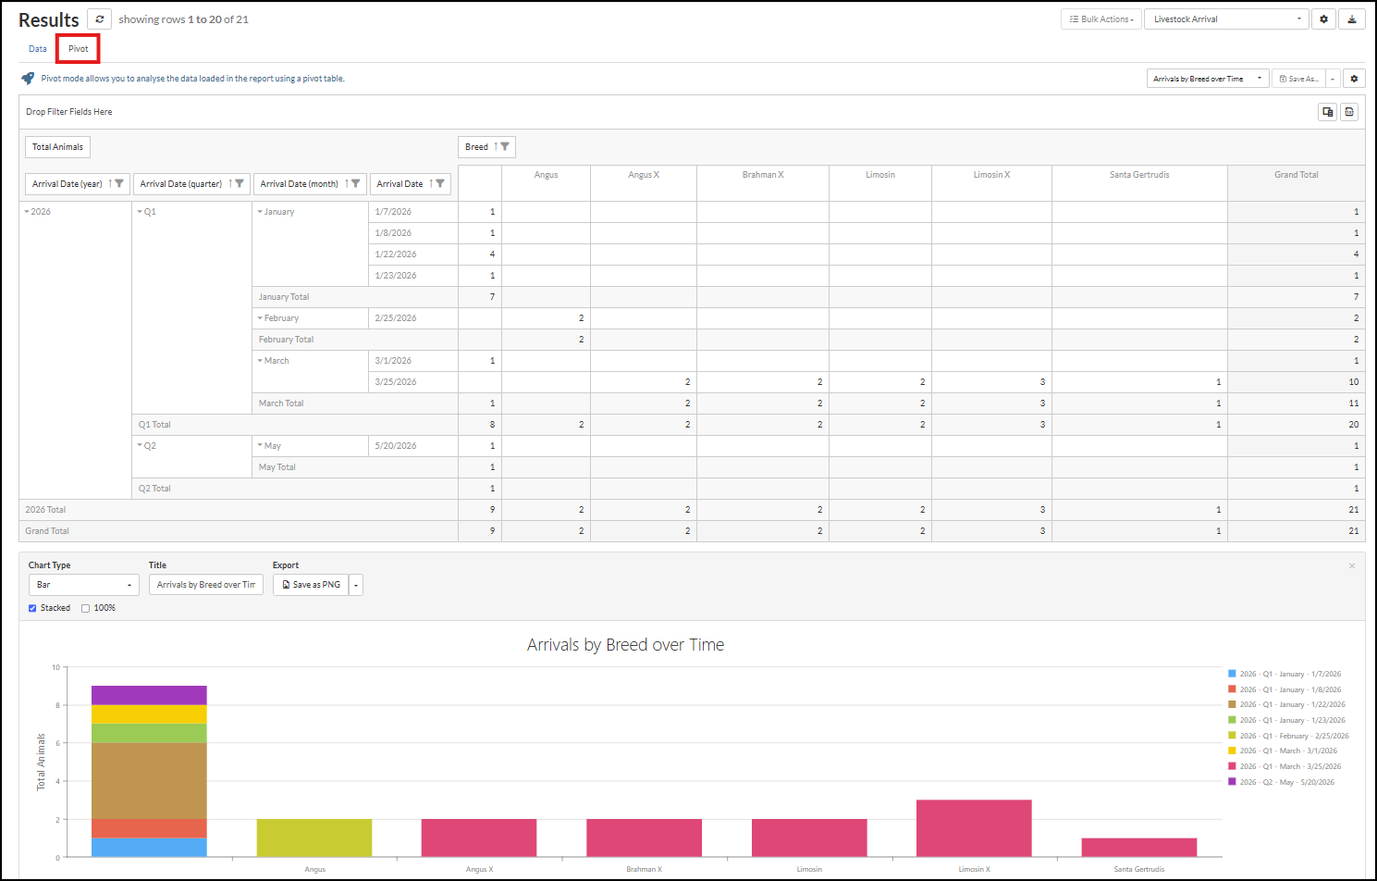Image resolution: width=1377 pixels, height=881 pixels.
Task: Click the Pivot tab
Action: pyautogui.click(x=78, y=49)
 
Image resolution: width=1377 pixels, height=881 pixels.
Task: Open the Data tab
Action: pyautogui.click(x=38, y=49)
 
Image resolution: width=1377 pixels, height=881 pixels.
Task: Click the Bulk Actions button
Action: pyautogui.click(x=1101, y=19)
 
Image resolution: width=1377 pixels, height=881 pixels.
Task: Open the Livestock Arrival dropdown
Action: pyautogui.click(x=1226, y=19)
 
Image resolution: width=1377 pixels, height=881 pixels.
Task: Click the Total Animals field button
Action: pyautogui.click(x=57, y=147)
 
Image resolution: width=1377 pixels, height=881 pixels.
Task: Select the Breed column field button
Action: pyautogui.click(x=486, y=147)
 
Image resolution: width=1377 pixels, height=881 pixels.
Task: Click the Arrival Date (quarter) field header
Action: pyautogui.click(x=191, y=184)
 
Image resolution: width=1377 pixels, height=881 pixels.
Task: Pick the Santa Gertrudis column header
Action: pyautogui.click(x=1139, y=175)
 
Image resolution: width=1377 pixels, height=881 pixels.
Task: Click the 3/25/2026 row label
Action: pyautogui.click(x=395, y=382)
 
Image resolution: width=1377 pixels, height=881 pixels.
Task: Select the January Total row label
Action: pyautogui.click(x=283, y=297)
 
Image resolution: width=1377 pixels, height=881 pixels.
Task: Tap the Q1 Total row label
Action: pyautogui.click(x=154, y=425)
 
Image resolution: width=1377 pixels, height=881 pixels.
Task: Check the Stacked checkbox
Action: pyautogui.click(x=32, y=608)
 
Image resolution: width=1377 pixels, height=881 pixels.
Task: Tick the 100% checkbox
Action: pyautogui.click(x=85, y=608)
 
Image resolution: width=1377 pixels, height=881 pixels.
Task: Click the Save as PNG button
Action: pyautogui.click(x=311, y=585)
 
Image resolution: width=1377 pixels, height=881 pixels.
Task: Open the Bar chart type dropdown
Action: pyautogui.click(x=83, y=585)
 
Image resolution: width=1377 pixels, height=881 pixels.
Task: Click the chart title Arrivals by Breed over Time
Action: pyautogui.click(x=625, y=645)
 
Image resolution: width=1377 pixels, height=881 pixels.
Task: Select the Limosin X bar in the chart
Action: pyautogui.click(x=974, y=828)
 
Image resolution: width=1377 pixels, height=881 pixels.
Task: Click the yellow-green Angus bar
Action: pyautogui.click(x=314, y=838)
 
